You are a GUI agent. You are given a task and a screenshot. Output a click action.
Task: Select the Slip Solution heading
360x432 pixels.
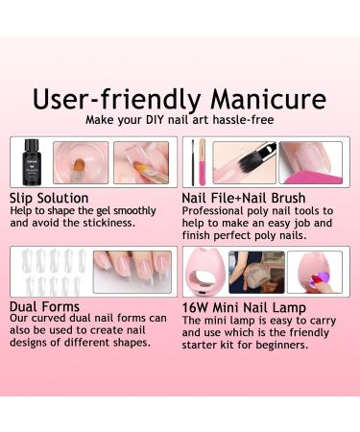[49, 198]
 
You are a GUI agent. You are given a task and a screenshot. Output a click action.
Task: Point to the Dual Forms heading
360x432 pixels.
[46, 307]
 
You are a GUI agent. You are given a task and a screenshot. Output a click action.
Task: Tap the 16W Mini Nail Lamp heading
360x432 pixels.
[242, 307]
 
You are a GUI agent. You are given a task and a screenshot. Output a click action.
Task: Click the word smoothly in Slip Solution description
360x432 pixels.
[142, 210]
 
